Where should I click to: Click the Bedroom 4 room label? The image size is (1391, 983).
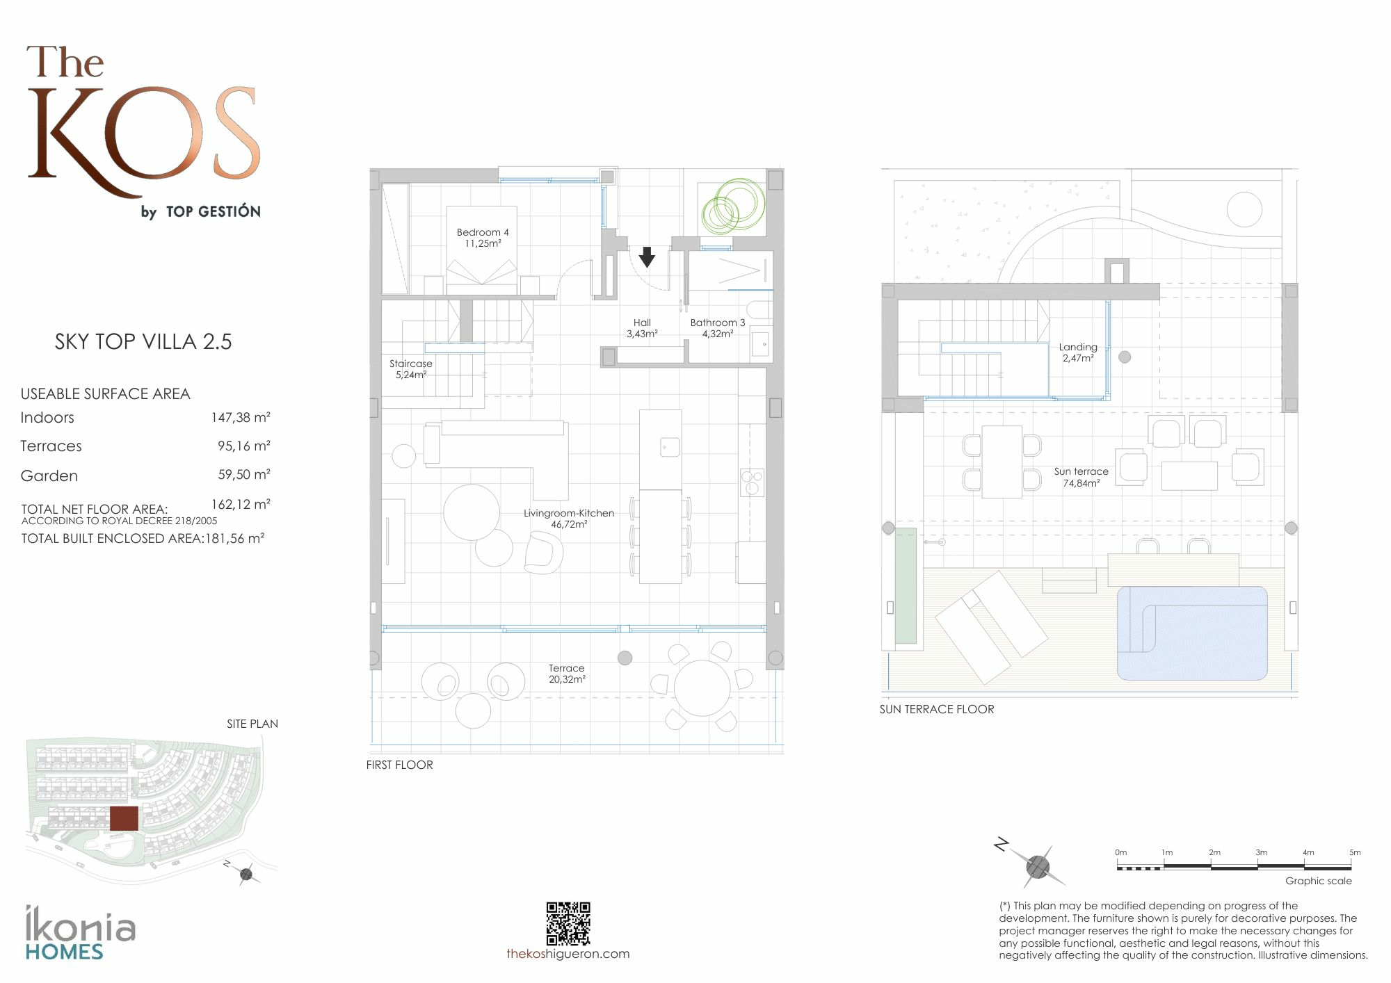pyautogui.click(x=483, y=238)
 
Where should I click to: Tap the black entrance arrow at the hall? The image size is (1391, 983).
pyautogui.click(x=647, y=257)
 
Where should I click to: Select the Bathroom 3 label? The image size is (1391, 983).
pyautogui.click(x=717, y=328)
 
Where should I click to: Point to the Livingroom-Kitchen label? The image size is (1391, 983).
pyautogui.click(x=569, y=519)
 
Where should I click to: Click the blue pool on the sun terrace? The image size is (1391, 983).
pyautogui.click(x=1192, y=633)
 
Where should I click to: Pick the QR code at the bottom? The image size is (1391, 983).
pyautogui.click(x=568, y=924)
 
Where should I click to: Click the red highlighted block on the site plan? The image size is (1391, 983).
pyautogui.click(x=124, y=818)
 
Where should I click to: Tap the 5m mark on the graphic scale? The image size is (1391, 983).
pyautogui.click(x=1354, y=852)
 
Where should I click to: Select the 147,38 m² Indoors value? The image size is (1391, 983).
pyautogui.click(x=241, y=417)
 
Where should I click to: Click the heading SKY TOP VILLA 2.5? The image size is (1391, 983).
pyautogui.click(x=143, y=341)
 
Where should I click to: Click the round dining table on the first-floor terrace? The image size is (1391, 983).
pyautogui.click(x=702, y=688)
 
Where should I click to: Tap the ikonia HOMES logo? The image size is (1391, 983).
pyautogui.click(x=80, y=933)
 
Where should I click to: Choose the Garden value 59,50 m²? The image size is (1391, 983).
pyautogui.click(x=243, y=475)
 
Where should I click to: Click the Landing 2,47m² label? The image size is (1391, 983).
pyautogui.click(x=1078, y=352)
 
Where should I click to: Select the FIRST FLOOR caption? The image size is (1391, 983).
pyautogui.click(x=399, y=765)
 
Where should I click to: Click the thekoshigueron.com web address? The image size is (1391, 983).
pyautogui.click(x=568, y=954)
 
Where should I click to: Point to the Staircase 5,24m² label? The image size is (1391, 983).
pyautogui.click(x=411, y=369)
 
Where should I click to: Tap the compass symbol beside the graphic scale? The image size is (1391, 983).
pyautogui.click(x=1037, y=866)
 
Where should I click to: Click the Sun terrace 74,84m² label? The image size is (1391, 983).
pyautogui.click(x=1082, y=477)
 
